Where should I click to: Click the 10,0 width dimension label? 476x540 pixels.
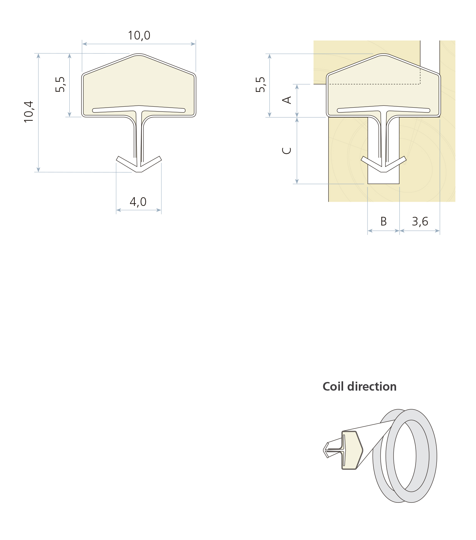139,35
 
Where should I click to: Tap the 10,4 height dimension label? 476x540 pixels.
29,111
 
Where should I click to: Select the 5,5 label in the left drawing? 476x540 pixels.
60,84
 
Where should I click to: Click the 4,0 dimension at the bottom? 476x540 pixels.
138,202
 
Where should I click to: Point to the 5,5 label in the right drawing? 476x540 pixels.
261,84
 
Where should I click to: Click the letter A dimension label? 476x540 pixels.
287,100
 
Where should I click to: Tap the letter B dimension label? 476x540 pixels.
383,222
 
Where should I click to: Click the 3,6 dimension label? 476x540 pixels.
420,222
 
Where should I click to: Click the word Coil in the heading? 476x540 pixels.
333,386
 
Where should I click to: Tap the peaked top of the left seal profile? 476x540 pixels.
139,56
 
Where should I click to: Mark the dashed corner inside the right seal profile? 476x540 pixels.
420,84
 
